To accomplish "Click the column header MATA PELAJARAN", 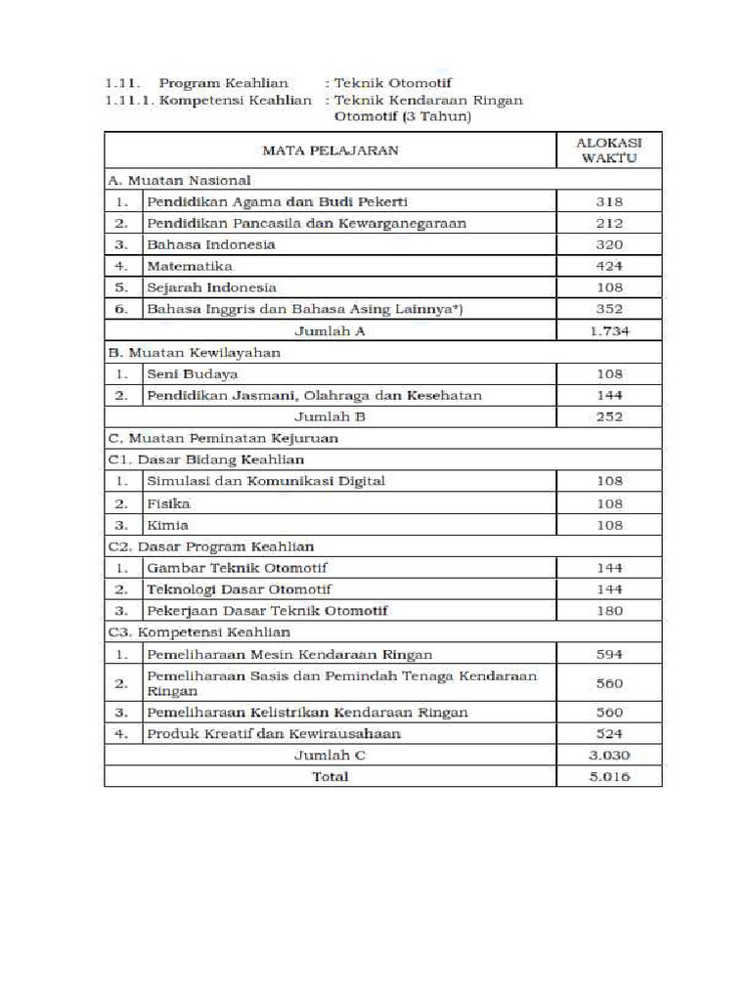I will pyautogui.click(x=330, y=151).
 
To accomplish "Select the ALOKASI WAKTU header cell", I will pyautogui.click(x=608, y=150).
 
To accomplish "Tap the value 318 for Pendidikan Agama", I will pyautogui.click(x=608, y=201).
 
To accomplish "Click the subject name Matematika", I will pyautogui.click(x=190, y=266).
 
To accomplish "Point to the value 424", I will pyautogui.click(x=608, y=266).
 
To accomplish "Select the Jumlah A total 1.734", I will pyautogui.click(x=608, y=330).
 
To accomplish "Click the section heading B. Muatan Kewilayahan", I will pyautogui.click(x=195, y=352).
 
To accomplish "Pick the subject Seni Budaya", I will pyautogui.click(x=192, y=373).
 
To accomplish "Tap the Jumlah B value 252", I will pyautogui.click(x=608, y=416).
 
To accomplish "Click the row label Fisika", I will pyautogui.click(x=168, y=503).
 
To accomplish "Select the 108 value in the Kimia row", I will pyautogui.click(x=608, y=525).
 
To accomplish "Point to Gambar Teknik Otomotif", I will pyautogui.click(x=238, y=568).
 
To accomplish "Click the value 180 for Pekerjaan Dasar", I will pyautogui.click(x=608, y=611).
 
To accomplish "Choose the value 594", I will pyautogui.click(x=608, y=654).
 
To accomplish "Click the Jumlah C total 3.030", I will pyautogui.click(x=608, y=755).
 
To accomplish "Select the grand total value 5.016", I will pyautogui.click(x=608, y=776).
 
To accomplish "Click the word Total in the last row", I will pyautogui.click(x=330, y=776).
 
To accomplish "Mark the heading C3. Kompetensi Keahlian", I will pyautogui.click(x=199, y=632).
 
